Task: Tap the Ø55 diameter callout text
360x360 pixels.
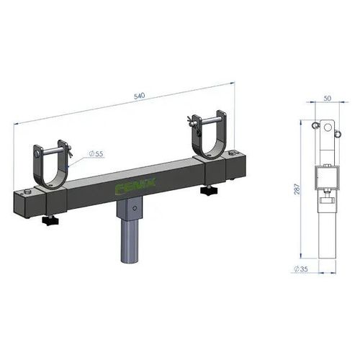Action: [96, 153]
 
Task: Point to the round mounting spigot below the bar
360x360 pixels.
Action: [127, 245]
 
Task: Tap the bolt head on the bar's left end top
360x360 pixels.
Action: [27, 192]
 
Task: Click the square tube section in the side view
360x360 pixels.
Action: [325, 175]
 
